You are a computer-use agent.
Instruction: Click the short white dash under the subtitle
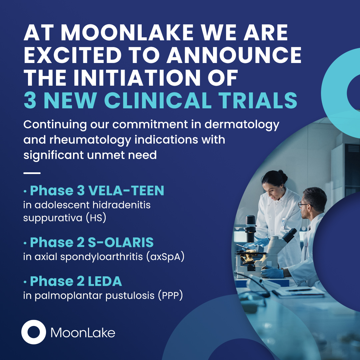click(x=32, y=173)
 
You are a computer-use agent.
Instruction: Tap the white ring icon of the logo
click(x=34, y=332)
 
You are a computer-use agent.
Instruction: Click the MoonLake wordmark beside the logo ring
click(x=83, y=333)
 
